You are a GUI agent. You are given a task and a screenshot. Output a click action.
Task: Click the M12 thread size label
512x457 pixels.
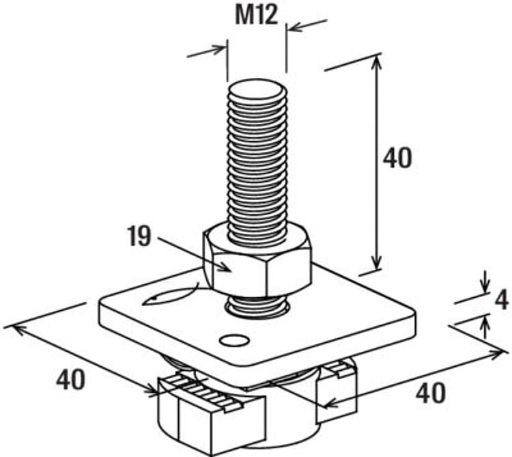(x=256, y=15)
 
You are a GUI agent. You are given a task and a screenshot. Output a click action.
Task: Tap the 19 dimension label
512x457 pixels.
(x=139, y=236)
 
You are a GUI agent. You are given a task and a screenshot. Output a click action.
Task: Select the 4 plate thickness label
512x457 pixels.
(x=501, y=301)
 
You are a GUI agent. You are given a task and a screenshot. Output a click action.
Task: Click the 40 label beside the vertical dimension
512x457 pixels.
(x=397, y=158)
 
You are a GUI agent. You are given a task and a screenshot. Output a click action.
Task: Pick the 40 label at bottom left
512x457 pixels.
(x=70, y=380)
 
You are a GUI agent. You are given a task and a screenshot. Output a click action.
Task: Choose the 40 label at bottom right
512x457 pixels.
(x=430, y=393)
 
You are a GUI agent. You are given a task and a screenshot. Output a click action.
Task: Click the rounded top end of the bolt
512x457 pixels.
(x=257, y=90)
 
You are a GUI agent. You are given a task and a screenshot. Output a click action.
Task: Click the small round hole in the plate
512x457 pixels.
(x=234, y=340)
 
